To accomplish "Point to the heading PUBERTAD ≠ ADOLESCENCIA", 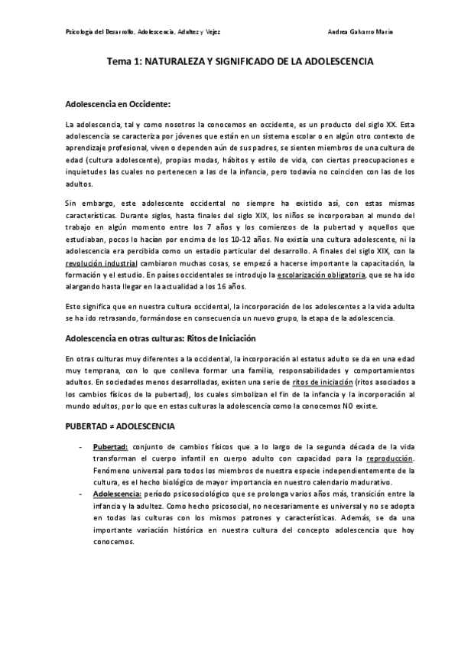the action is [121, 425].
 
